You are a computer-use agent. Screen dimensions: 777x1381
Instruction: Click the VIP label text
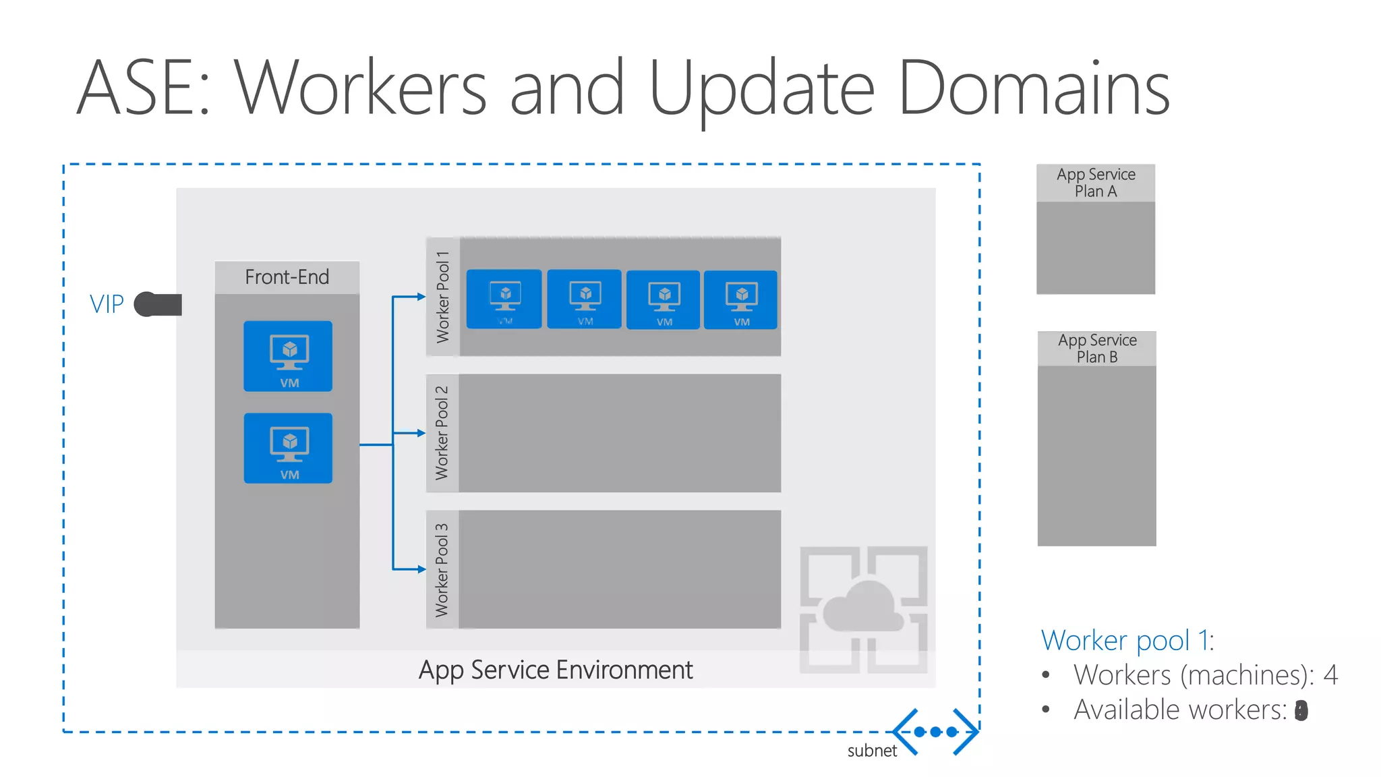pyautogui.click(x=107, y=304)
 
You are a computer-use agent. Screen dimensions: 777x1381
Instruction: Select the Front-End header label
pyautogui.click(x=287, y=277)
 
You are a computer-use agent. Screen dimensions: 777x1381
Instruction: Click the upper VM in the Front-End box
pyautogui.click(x=288, y=356)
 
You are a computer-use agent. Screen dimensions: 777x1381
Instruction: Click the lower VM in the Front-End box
pyautogui.click(x=288, y=448)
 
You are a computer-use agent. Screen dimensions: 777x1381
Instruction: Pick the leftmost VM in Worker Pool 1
pyautogui.click(x=504, y=299)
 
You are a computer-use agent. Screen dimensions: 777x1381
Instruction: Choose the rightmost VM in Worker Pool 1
pyautogui.click(x=740, y=299)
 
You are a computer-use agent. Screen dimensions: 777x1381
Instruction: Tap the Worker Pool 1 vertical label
pyautogui.click(x=442, y=297)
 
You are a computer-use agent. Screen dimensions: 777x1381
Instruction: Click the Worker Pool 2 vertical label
pyautogui.click(x=442, y=433)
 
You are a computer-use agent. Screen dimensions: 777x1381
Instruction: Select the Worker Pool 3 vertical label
pyautogui.click(x=442, y=570)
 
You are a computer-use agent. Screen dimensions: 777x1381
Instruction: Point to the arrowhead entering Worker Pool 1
pyautogui.click(x=421, y=297)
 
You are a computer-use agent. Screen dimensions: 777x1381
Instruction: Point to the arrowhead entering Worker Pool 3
pyautogui.click(x=421, y=569)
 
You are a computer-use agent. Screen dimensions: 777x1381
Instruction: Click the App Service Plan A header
pyautogui.click(x=1096, y=183)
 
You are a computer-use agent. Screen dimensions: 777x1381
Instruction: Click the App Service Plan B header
pyautogui.click(x=1097, y=349)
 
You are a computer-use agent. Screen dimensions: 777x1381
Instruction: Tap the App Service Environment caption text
pyautogui.click(x=555, y=670)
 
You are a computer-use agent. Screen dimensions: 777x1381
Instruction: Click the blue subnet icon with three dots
pyautogui.click(x=935, y=732)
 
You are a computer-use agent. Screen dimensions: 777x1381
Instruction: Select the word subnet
pyautogui.click(x=872, y=751)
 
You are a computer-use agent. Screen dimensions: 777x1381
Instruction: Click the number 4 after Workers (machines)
pyautogui.click(x=1330, y=674)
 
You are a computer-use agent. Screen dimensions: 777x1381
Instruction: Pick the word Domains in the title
pyautogui.click(x=1034, y=88)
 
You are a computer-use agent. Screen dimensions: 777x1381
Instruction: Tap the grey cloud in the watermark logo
pyautogui.click(x=863, y=606)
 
